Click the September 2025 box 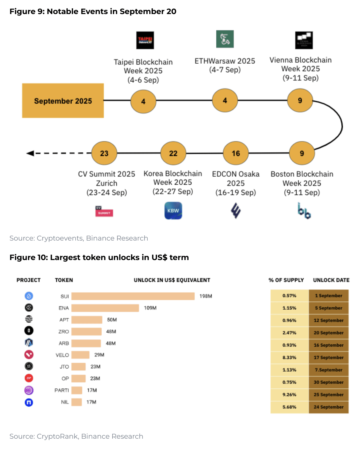(63, 101)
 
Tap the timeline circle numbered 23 (104, 153)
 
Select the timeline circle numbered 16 (236, 153)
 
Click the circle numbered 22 (173, 153)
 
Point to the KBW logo (173, 211)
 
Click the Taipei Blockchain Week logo (145, 40)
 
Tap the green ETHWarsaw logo (225, 39)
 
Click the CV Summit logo (104, 211)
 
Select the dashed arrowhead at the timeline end (30, 153)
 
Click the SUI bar (133, 296)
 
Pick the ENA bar (105, 308)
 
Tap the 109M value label (150, 308)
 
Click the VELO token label (62, 355)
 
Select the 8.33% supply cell (289, 358)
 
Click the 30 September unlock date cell (328, 382)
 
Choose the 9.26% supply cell (289, 395)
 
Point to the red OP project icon (29, 378)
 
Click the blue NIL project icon (29, 402)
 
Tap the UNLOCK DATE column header (331, 280)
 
